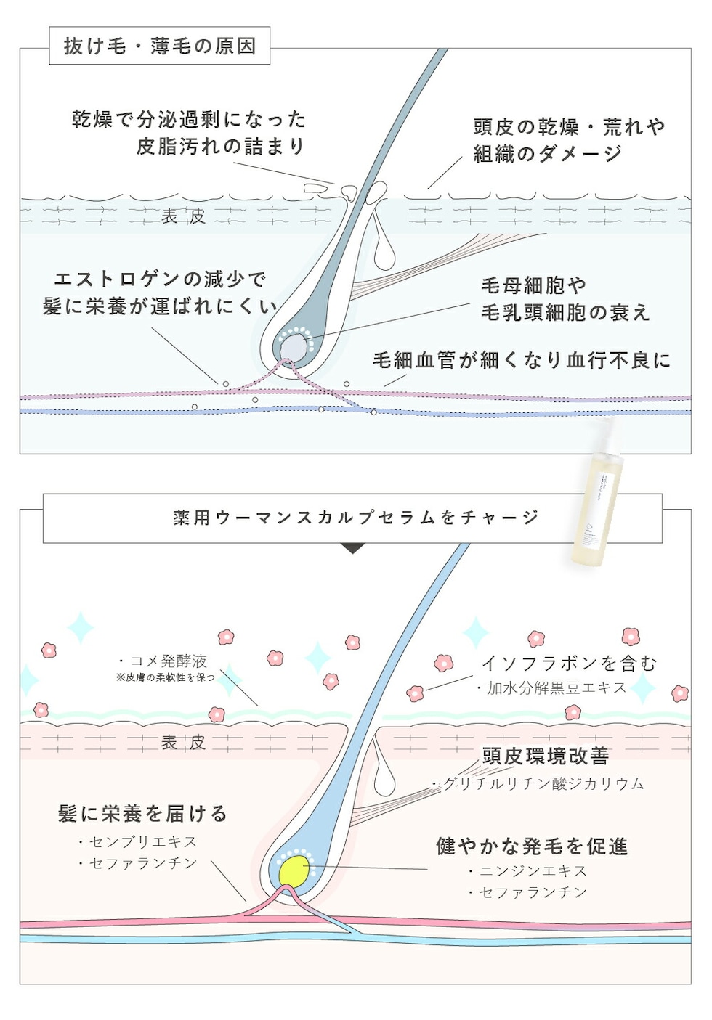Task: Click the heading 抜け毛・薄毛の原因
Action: (x=160, y=46)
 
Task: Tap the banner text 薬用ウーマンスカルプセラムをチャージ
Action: (x=355, y=518)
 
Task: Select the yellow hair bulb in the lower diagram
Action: (x=294, y=870)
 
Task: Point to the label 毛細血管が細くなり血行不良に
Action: (x=521, y=360)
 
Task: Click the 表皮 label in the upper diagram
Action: (x=183, y=216)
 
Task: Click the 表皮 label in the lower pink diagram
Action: (x=183, y=742)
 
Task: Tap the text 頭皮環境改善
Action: (x=546, y=756)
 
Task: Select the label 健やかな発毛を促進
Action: (x=532, y=846)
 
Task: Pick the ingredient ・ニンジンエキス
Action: (x=527, y=870)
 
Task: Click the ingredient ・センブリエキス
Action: (x=137, y=841)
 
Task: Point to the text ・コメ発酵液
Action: (x=163, y=661)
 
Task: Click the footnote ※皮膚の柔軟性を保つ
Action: (x=166, y=677)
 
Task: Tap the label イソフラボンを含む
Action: (x=569, y=663)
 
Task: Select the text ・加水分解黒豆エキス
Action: (x=551, y=688)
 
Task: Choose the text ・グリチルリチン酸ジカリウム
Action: (x=538, y=783)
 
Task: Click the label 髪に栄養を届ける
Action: (x=142, y=814)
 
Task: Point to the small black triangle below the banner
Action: (x=352, y=549)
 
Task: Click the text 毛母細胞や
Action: (x=533, y=285)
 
